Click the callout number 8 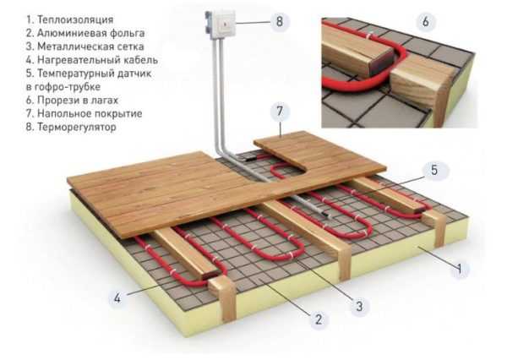coord(280,22)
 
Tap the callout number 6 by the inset coord(426,22)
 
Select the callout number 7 coord(280,112)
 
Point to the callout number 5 coord(434,170)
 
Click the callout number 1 coord(460,268)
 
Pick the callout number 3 coord(359,306)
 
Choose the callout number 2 coord(319,319)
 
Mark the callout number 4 coord(117,297)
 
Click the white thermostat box coord(221,25)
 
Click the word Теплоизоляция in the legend coord(75,19)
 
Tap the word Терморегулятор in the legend coord(77,127)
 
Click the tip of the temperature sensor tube coord(330,216)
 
